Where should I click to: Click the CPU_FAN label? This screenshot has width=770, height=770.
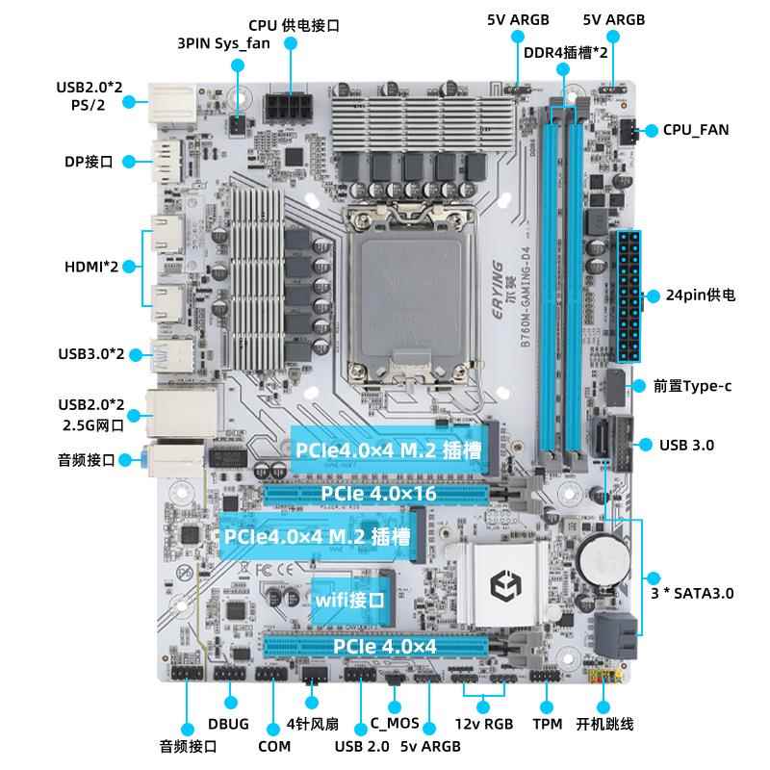(x=696, y=129)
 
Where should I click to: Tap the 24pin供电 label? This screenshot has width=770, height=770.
(x=701, y=295)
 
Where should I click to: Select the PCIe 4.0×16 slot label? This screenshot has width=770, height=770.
(x=378, y=493)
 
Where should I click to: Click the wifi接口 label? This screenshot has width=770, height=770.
(x=350, y=599)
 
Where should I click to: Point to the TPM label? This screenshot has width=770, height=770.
(x=547, y=724)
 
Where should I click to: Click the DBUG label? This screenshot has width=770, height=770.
(x=229, y=724)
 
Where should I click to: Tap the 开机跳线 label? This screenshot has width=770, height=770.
(x=604, y=724)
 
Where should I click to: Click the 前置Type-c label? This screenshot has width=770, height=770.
(x=692, y=386)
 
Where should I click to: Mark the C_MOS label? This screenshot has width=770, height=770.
(x=395, y=724)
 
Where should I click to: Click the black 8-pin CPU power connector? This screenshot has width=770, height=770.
(x=290, y=105)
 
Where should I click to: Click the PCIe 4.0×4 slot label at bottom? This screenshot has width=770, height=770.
(x=385, y=646)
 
